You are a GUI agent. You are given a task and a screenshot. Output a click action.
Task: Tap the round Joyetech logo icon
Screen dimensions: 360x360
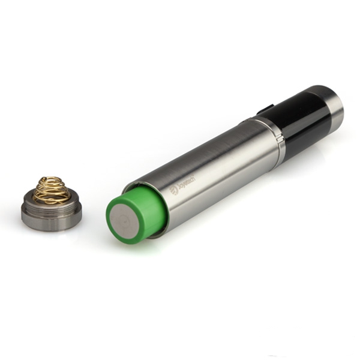(x=173, y=190)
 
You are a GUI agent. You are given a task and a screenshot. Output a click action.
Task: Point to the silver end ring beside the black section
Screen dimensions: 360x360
(x=332, y=99)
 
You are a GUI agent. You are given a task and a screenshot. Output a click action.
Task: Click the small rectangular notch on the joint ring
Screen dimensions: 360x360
(x=280, y=139)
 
